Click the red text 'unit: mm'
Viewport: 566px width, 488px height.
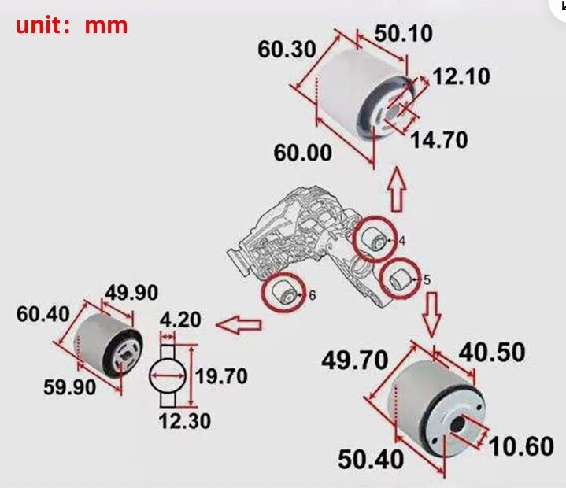point(72,26)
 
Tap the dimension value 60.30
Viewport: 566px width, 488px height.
point(287,49)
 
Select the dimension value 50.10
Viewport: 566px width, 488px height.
point(404,34)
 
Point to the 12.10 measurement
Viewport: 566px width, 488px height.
point(461,76)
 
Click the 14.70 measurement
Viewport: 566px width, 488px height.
point(439,139)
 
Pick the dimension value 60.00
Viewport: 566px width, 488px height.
point(303,153)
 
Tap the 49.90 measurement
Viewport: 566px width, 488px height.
point(131,292)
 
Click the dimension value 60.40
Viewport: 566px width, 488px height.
point(43,314)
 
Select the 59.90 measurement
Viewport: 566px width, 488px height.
point(69,387)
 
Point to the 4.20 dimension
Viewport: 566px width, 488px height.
point(180,320)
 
